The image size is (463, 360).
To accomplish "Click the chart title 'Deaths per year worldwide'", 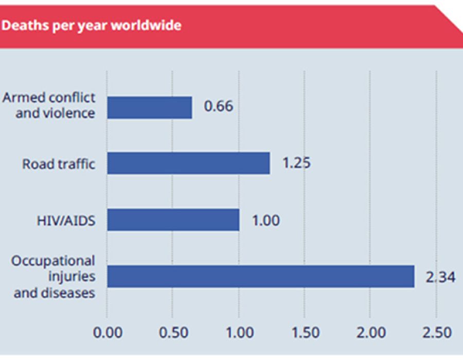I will point(92,26).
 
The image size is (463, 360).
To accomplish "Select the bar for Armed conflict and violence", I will point(149,107).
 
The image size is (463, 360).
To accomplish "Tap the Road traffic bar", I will point(188,163).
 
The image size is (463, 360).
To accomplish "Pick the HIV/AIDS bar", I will point(173,220).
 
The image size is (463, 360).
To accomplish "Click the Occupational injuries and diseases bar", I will point(260,276).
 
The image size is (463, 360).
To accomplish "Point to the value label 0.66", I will point(219,107).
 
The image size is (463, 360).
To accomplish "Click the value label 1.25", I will point(297,163).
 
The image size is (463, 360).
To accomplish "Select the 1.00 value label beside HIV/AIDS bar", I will point(266,220).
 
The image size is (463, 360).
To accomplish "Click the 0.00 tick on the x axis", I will point(108,332).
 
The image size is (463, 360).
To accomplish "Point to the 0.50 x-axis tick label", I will point(173,332).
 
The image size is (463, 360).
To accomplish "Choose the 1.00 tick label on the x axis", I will point(239,332).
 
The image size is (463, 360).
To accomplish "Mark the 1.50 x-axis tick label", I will point(305,332).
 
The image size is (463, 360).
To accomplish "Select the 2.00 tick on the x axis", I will point(370,332).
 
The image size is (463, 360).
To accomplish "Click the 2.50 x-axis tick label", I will point(436,332).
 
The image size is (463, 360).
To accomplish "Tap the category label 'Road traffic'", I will point(59,164).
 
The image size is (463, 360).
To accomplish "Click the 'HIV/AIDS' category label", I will point(63,221).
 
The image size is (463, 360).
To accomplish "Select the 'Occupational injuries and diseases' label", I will point(54,277).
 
